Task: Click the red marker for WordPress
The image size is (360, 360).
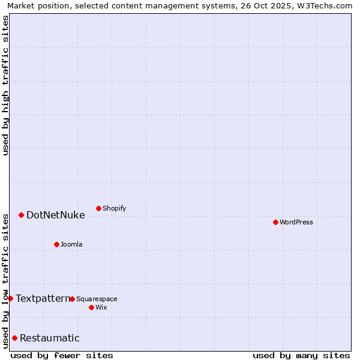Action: tap(275, 222)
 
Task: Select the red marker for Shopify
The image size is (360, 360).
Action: tap(98, 208)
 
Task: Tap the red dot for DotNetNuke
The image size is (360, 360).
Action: tap(21, 215)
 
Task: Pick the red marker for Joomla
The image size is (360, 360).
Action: tap(56, 244)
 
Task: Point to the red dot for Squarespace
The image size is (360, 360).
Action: tap(72, 299)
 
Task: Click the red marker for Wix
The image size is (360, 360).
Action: tap(91, 307)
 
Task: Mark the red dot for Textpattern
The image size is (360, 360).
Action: tap(10, 298)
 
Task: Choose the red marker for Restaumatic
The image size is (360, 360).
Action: tap(14, 338)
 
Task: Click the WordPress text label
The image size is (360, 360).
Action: tap(296, 222)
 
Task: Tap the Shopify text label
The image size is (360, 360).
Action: tap(115, 208)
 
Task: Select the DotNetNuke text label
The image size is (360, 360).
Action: tap(56, 215)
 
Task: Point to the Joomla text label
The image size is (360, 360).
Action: tap(71, 244)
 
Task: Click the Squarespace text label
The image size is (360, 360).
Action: tap(97, 299)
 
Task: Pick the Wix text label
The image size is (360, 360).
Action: tap(101, 307)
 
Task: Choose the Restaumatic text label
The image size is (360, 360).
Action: tap(50, 338)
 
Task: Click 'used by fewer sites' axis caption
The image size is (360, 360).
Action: tap(62, 355)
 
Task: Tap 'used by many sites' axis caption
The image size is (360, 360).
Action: tap(301, 355)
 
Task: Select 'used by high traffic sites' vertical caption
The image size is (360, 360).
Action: tap(5, 85)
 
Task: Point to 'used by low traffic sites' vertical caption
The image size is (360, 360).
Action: tap(5, 280)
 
